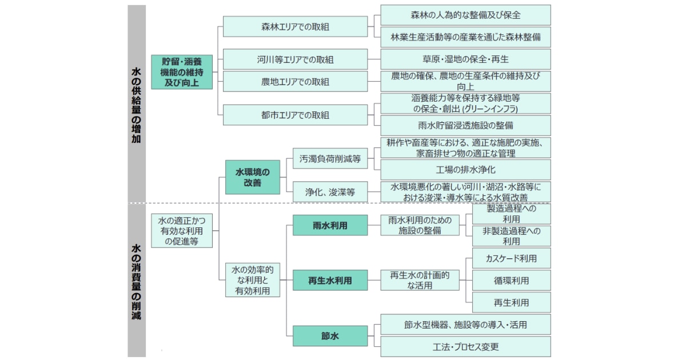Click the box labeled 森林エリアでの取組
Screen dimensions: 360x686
[x=295, y=26]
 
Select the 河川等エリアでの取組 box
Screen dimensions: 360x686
[x=295, y=59]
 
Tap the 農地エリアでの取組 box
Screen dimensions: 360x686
[x=295, y=82]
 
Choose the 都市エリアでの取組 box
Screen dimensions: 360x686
[x=295, y=115]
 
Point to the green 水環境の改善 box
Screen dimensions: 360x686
[x=252, y=177]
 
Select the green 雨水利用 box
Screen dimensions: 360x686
[x=330, y=225]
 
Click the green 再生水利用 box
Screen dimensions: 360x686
[x=330, y=280]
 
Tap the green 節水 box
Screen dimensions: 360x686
[x=330, y=336]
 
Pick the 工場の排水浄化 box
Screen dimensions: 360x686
[x=465, y=170]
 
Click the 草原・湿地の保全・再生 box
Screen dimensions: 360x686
[x=465, y=59]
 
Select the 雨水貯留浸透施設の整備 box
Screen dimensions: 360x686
[x=465, y=125]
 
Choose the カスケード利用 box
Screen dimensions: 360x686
[x=511, y=258]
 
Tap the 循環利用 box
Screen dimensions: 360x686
[x=511, y=280]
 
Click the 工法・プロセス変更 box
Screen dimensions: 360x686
[x=465, y=347]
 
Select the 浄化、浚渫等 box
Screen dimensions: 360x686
[x=330, y=193]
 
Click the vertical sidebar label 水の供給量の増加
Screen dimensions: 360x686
[x=136, y=104]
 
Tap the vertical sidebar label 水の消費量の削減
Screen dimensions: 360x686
[x=136, y=280]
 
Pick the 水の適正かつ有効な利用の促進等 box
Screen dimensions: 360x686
[x=181, y=231]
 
